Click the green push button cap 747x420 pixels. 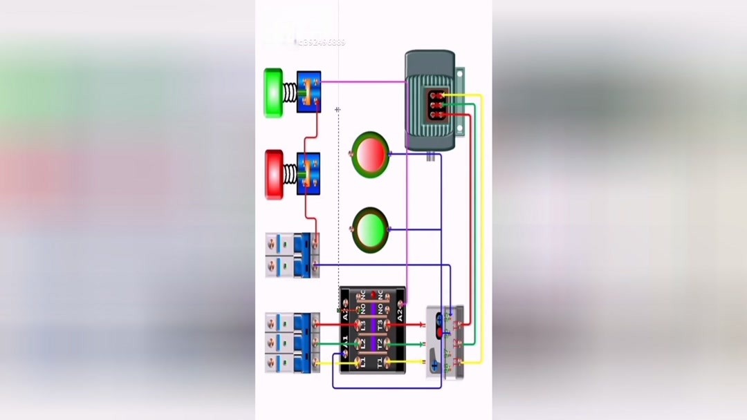(x=273, y=92)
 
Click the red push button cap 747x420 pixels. (x=274, y=175)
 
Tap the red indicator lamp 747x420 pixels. (x=370, y=153)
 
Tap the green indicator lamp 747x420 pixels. (x=370, y=229)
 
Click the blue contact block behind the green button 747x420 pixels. (x=308, y=92)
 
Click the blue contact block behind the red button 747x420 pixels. (x=308, y=174)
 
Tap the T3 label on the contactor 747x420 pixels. (x=379, y=323)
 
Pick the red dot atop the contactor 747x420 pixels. (x=373, y=295)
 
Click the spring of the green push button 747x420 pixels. (x=289, y=92)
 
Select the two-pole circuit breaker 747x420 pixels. (x=293, y=255)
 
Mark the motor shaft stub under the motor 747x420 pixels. (x=430, y=157)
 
